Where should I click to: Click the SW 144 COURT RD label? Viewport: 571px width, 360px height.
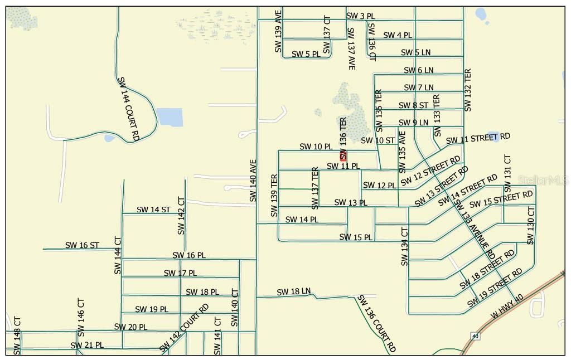[129, 109]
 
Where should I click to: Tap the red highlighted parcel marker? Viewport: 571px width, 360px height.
[343, 156]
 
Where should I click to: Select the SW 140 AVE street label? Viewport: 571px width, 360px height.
[253, 181]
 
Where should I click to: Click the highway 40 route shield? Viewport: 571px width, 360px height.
[475, 336]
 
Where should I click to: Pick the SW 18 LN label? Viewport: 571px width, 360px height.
[293, 291]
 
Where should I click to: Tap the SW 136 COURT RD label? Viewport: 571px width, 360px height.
[376, 323]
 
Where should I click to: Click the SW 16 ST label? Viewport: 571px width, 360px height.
[82, 245]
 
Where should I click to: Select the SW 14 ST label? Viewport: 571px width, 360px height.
[153, 210]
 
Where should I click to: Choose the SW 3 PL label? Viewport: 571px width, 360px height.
[360, 16]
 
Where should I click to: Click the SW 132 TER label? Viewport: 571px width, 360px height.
[468, 90]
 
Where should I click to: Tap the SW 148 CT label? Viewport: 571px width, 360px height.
[17, 335]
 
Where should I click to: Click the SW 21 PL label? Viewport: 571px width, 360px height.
[87, 346]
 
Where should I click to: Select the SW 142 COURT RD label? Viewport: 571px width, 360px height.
[184, 328]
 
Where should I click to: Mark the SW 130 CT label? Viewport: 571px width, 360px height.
[530, 226]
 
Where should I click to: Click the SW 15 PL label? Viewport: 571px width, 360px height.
[356, 237]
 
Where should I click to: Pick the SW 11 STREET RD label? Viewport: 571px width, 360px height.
[478, 138]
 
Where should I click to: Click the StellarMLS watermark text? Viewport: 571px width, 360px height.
[544, 180]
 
